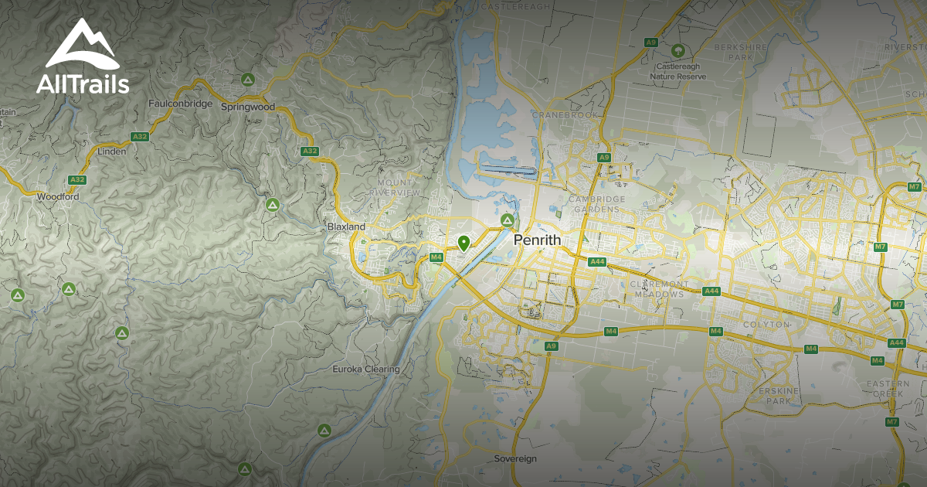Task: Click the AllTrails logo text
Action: (83, 83)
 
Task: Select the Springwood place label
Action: (247, 107)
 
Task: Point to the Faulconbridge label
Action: (180, 104)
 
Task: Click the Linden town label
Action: (112, 152)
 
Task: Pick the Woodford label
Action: (58, 197)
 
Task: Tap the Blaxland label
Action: (345, 227)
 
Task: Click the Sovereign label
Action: (515, 459)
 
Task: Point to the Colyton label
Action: (766, 325)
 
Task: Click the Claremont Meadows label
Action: (657, 289)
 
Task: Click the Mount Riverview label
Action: (394, 187)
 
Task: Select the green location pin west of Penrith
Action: (463, 243)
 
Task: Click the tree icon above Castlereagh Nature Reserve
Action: (677, 51)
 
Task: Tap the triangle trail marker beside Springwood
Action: (247, 79)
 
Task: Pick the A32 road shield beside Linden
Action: (140, 137)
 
